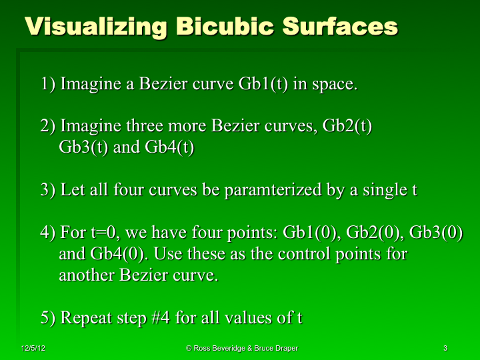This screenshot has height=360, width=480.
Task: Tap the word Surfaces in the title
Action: point(340,27)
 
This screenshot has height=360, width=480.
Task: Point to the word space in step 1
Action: point(333,85)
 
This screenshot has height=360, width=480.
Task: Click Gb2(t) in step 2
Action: point(347,126)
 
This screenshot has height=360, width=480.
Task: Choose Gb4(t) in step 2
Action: point(169,147)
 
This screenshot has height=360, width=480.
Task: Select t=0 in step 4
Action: point(105,233)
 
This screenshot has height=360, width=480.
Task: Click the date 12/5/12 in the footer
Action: point(33,349)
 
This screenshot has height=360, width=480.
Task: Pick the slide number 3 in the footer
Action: point(445,349)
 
